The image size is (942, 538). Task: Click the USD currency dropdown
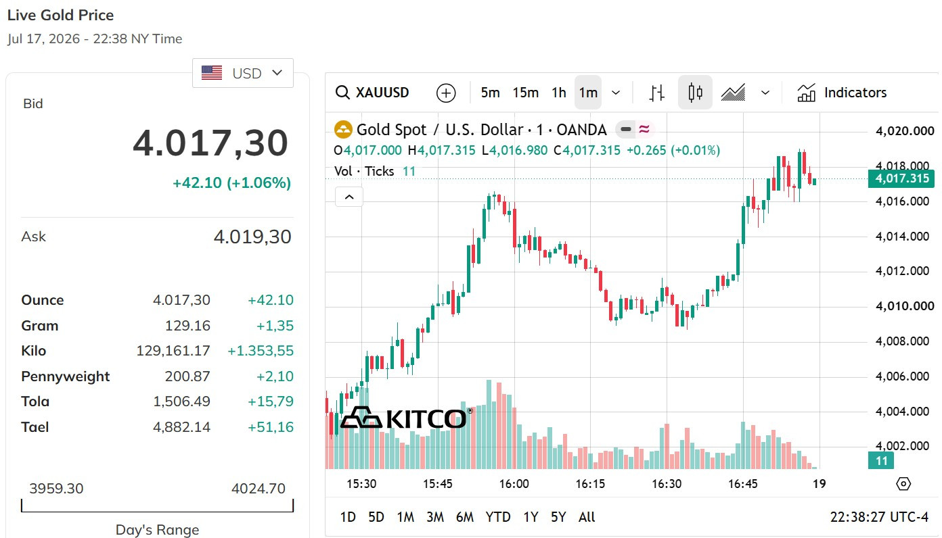pos(243,73)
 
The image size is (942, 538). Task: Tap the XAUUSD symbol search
pos(372,93)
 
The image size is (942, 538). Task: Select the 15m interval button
pos(525,93)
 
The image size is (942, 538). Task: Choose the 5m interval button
pos(490,93)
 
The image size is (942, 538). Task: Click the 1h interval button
pos(558,93)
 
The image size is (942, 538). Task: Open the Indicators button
pos(841,93)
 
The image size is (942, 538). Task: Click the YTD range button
pos(498,517)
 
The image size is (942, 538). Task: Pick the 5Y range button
pos(558,517)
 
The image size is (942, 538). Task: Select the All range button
pos(587,517)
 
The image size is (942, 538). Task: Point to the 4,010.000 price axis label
pos(905,305)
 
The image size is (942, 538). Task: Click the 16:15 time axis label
pos(590,484)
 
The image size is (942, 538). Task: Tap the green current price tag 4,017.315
pos(901,178)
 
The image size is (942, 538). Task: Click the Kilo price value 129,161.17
pos(173,351)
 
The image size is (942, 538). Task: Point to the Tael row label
pos(35,427)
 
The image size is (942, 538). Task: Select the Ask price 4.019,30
pos(252,237)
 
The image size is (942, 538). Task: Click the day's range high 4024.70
pos(259,489)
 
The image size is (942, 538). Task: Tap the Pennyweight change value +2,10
pos(275,376)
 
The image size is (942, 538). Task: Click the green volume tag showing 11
pos(880,461)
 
